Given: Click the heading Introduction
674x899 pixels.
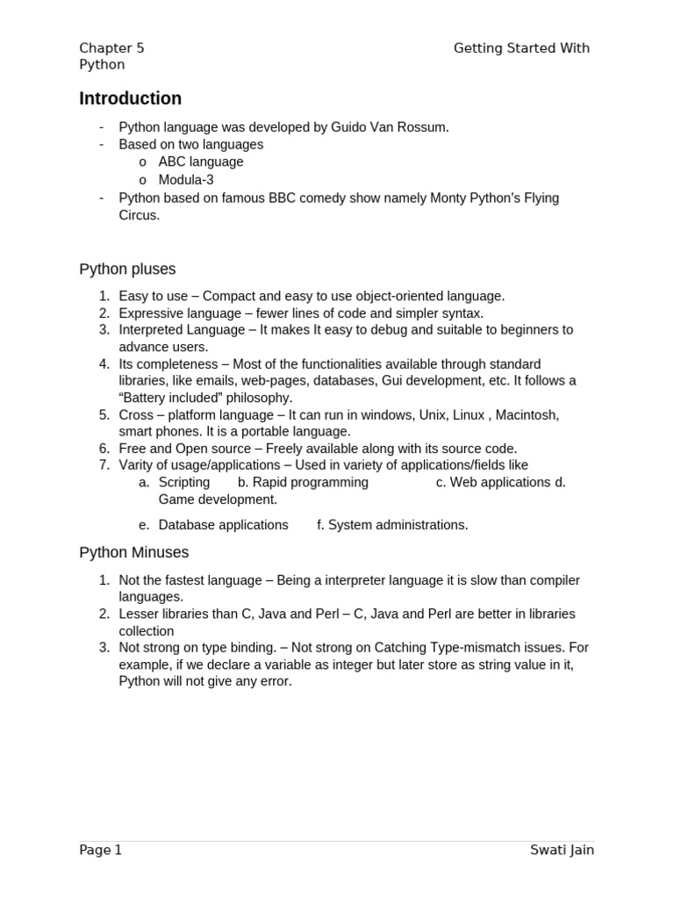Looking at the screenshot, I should pos(130,98).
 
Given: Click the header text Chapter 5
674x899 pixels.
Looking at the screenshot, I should pos(111,48).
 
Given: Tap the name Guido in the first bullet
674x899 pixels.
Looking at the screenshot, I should pos(348,127).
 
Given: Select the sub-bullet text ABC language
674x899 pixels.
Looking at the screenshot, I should pos(201,162).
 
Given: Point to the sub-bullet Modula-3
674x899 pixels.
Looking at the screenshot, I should pos(186,179).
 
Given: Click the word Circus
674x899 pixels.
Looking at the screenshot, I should pos(139,215).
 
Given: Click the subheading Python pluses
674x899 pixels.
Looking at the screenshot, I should pos(127,269).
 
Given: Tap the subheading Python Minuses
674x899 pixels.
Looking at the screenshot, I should pos(133,552).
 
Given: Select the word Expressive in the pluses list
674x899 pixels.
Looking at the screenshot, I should pos(151,313).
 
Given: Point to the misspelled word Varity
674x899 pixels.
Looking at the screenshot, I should pos(137,465).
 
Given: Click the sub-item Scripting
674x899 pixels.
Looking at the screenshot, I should pos(184,482).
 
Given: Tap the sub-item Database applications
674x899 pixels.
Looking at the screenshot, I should pos(223,525).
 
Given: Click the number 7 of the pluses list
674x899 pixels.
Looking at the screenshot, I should pos(103,465).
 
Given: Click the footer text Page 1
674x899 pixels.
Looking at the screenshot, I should pos(101,850).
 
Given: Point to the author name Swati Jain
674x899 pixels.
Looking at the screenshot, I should pos(562,850).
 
